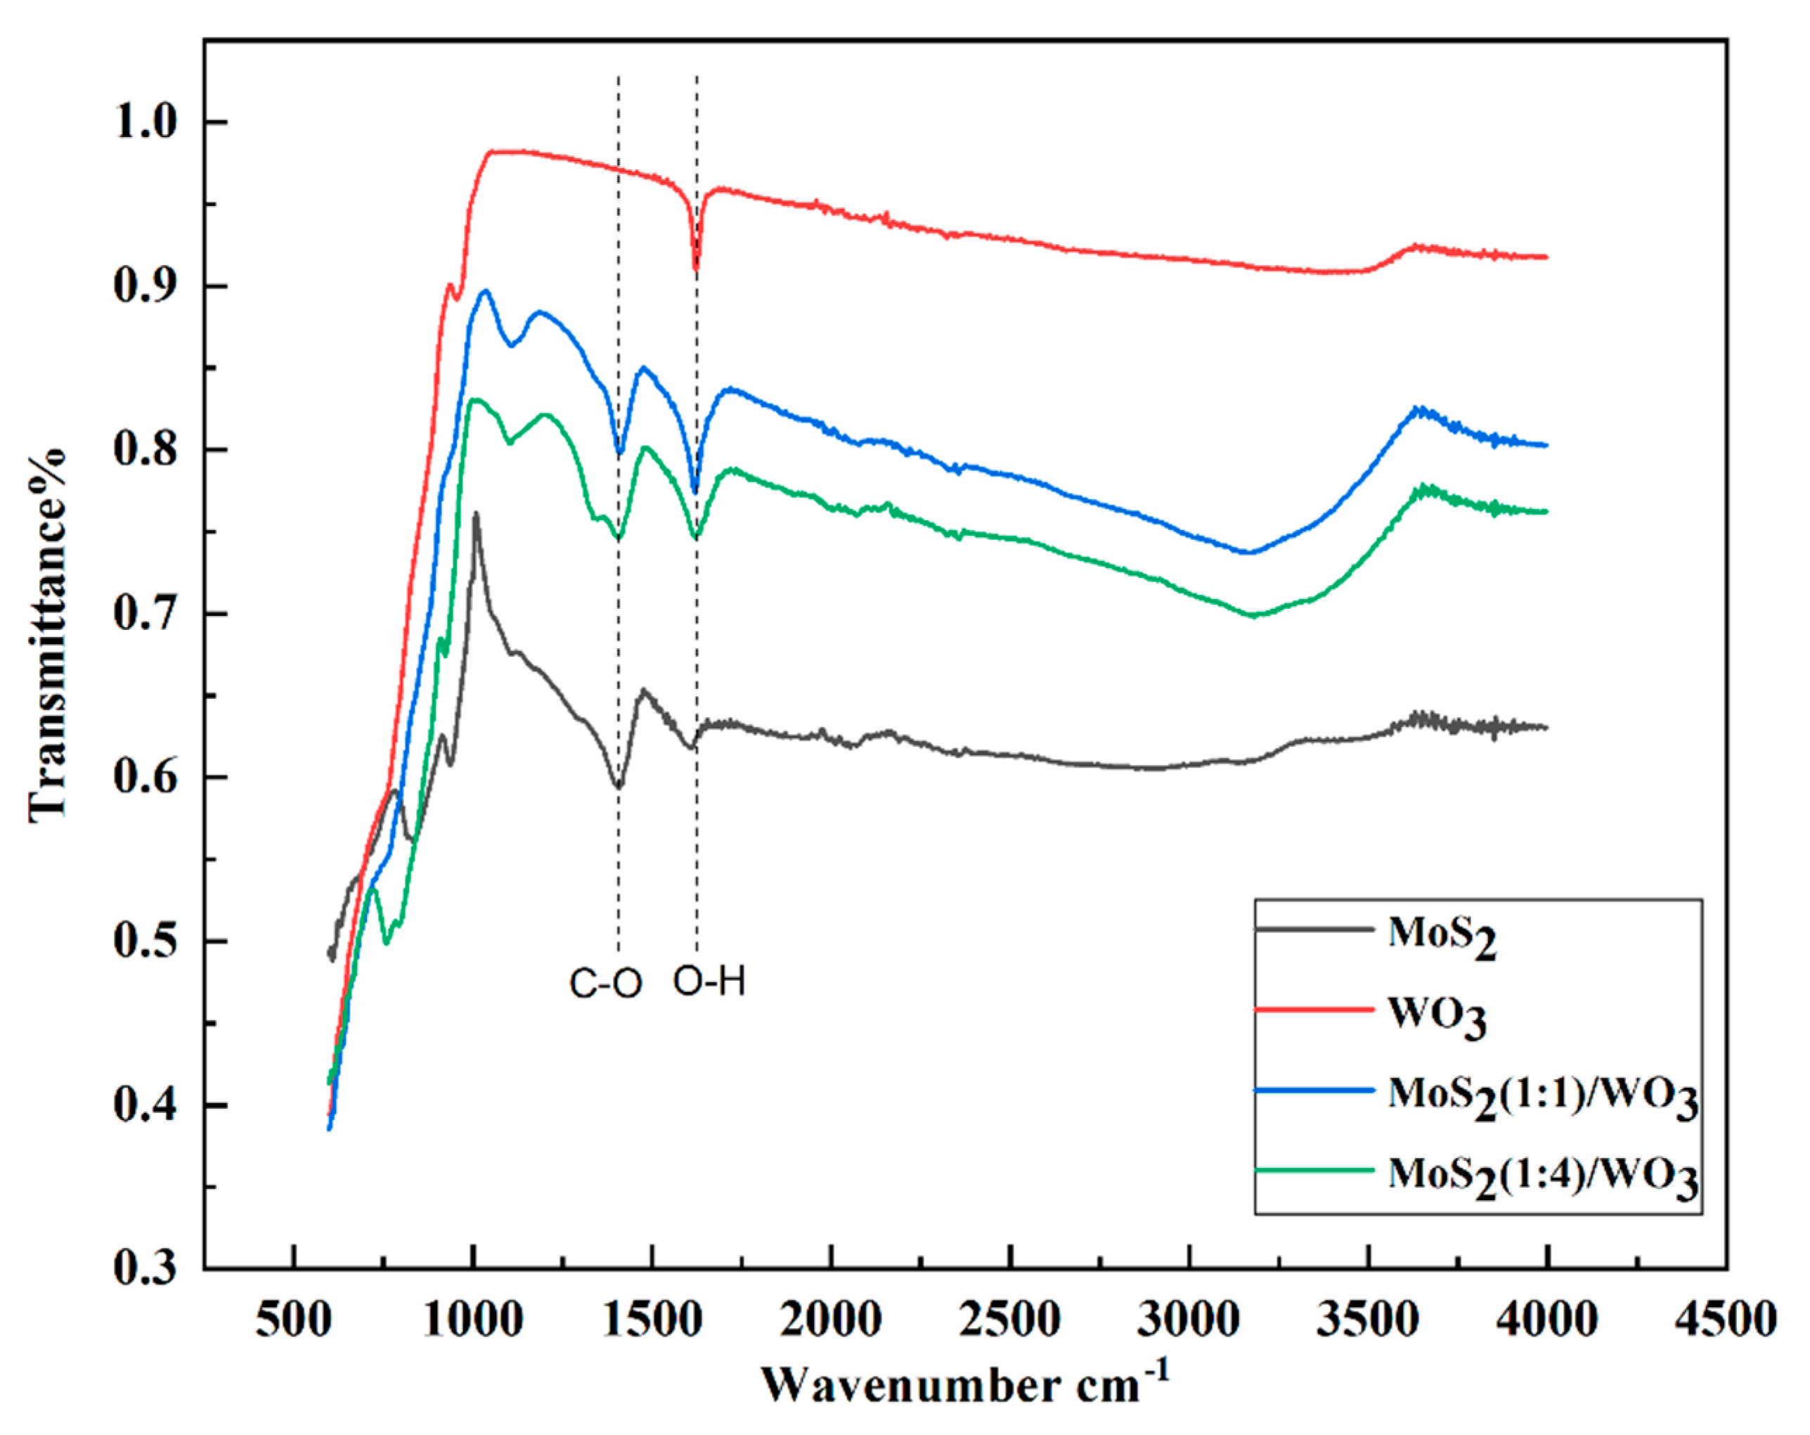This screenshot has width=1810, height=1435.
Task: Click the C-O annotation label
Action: (x=605, y=983)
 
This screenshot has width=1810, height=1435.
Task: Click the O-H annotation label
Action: (x=709, y=981)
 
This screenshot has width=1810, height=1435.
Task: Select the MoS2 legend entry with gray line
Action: (x=1440, y=934)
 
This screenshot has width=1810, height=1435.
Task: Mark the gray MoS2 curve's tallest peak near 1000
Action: (x=476, y=514)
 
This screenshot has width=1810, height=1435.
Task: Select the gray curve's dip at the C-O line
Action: (x=619, y=786)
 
